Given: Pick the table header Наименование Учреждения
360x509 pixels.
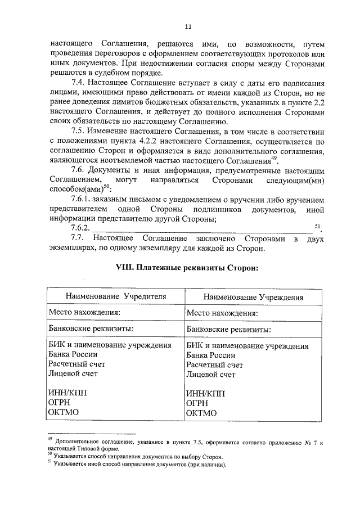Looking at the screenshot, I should point(253,297).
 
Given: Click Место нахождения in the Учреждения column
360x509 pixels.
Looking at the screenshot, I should point(222,313).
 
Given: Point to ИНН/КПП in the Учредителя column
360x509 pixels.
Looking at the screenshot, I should point(68,393).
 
